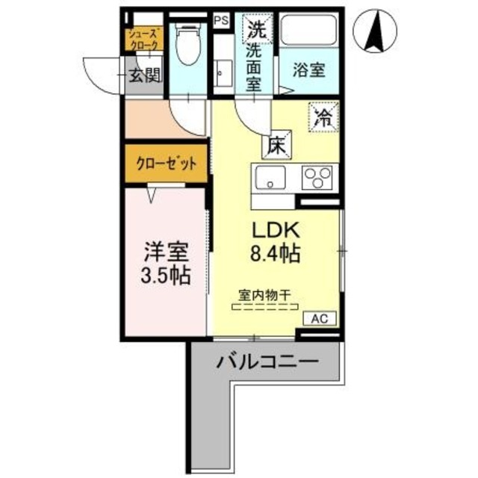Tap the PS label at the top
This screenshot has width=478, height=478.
(x=222, y=21)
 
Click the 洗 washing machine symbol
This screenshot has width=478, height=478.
(x=256, y=31)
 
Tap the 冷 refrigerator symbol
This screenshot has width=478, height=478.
(x=324, y=117)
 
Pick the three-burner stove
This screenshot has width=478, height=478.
(x=319, y=179)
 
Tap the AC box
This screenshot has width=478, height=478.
(x=320, y=317)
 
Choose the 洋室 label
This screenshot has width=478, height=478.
(x=167, y=250)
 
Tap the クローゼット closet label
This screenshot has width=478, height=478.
(x=165, y=164)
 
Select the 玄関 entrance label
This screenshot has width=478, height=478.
(x=144, y=74)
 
